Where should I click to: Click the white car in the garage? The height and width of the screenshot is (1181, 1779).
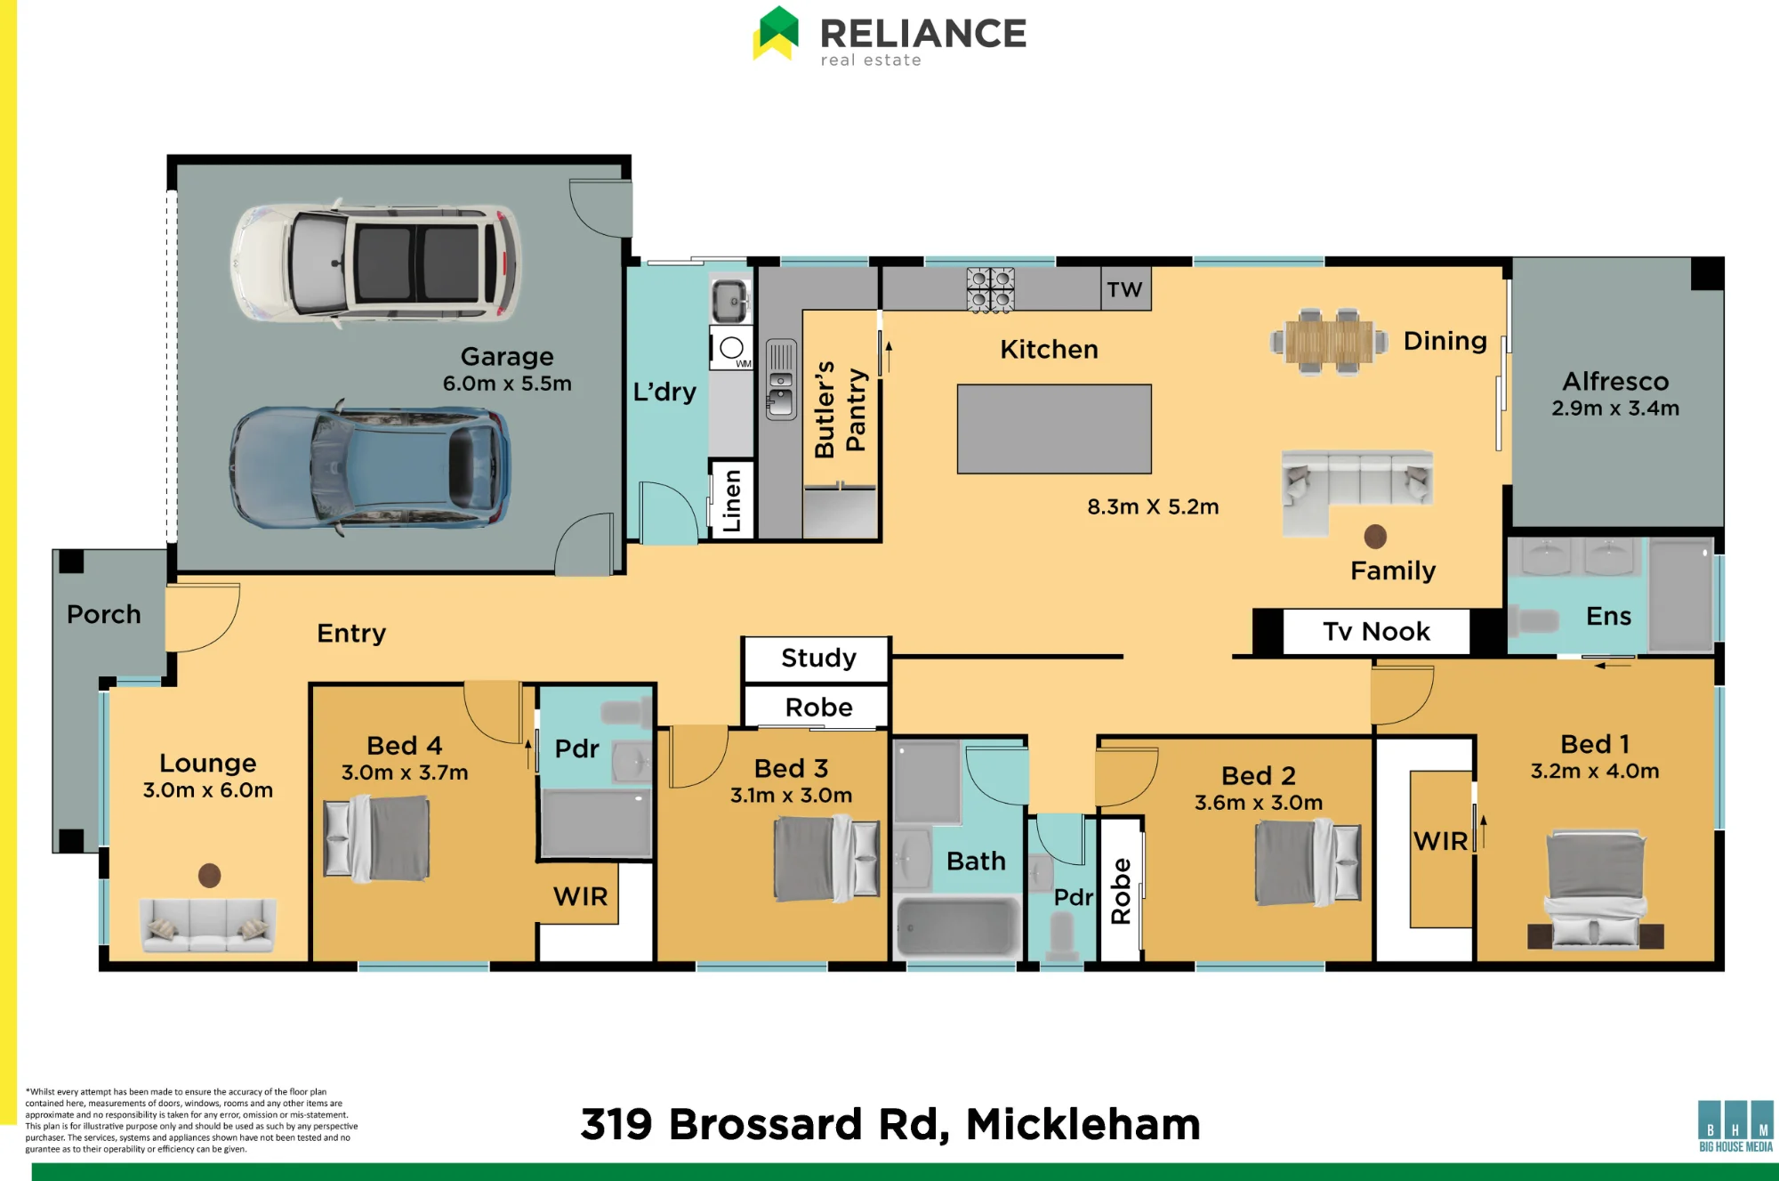click(375, 263)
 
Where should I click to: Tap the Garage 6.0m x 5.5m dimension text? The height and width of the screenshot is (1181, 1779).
click(507, 384)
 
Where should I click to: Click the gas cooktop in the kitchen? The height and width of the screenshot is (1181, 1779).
click(990, 289)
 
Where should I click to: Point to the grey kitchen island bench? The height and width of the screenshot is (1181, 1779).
click(1054, 429)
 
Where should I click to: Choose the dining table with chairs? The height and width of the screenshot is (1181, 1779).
click(1329, 342)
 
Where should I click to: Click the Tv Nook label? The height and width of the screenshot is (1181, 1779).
click(1376, 631)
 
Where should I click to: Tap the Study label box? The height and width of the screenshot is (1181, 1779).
click(817, 659)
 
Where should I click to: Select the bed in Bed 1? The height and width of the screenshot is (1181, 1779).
click(1596, 889)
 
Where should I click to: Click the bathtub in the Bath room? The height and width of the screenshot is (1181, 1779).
click(957, 926)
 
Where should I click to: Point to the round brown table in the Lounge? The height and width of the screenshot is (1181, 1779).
click(209, 876)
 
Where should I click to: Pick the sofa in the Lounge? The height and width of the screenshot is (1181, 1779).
click(208, 926)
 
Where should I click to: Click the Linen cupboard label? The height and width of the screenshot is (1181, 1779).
click(732, 500)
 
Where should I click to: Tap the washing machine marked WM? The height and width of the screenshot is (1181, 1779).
click(731, 348)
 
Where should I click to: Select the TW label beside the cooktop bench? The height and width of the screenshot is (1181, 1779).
click(1125, 289)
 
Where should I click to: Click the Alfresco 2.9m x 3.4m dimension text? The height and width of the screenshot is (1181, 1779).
click(1615, 408)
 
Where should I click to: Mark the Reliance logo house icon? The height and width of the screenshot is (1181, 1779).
click(776, 33)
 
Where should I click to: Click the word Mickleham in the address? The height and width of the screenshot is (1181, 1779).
click(1083, 1124)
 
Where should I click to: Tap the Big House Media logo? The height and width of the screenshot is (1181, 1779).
click(1735, 1126)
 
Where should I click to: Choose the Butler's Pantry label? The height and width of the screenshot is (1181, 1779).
click(840, 409)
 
